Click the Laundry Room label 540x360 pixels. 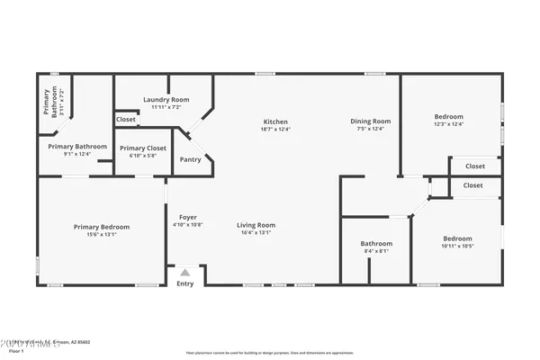[166, 99]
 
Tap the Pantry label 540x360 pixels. [190, 159]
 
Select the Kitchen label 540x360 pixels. [275, 121]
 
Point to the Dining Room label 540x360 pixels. [370, 121]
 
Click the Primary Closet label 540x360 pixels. [143, 148]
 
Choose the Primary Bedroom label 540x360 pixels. [102, 227]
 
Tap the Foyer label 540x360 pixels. [187, 217]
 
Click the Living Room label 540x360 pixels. [256, 225]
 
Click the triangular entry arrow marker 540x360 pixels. [184, 272]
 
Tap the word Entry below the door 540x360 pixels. [184, 283]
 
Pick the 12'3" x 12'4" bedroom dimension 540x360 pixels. [448, 124]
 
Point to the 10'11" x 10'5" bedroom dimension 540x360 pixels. [457, 246]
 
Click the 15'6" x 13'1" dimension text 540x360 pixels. [102, 235]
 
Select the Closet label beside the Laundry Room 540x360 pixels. [126, 119]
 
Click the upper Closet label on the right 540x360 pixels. [474, 166]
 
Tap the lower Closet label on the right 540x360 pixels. [473, 184]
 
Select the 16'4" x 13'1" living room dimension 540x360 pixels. [256, 233]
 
